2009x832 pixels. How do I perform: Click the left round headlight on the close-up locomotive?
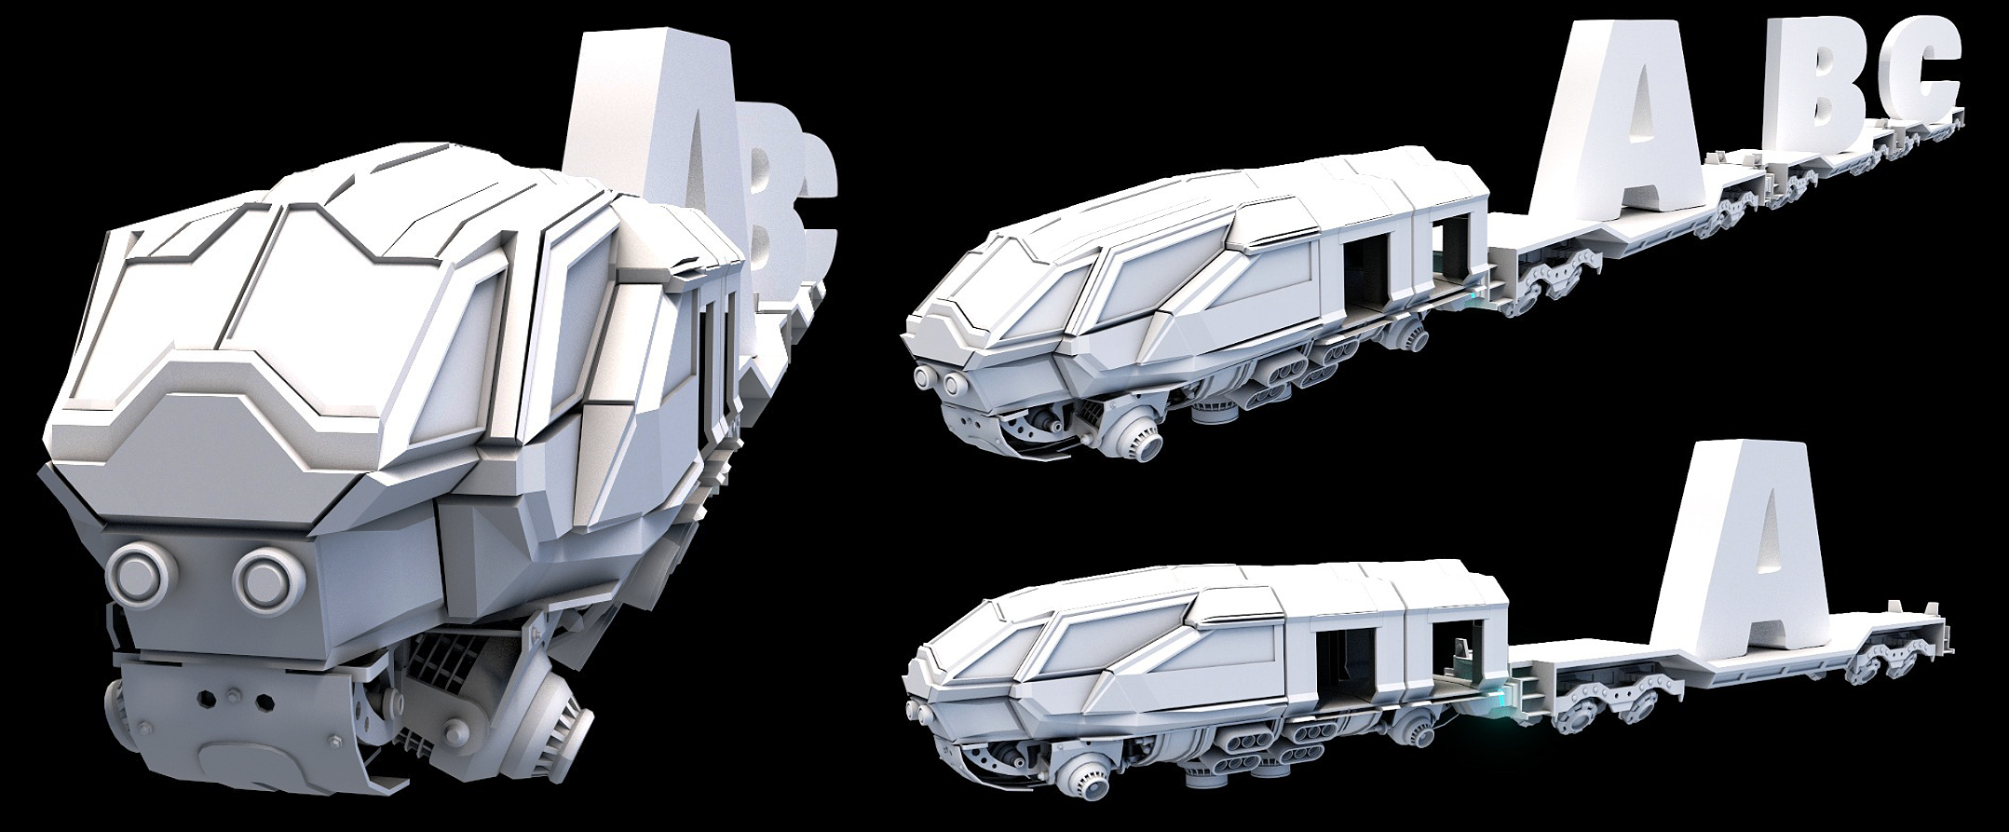point(137,570)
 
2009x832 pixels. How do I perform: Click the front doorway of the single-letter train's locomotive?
point(1337,662)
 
